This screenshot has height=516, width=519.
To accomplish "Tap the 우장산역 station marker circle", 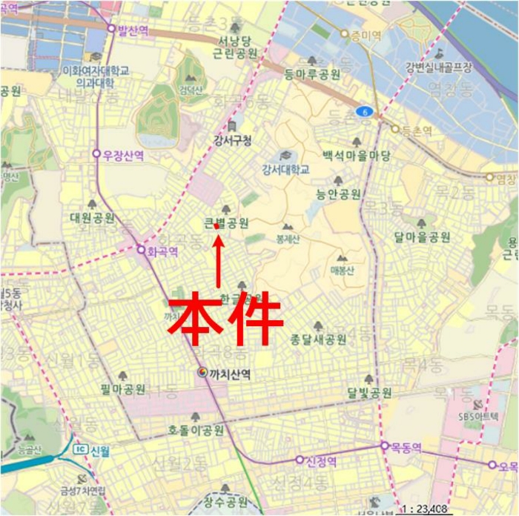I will coord(96,154).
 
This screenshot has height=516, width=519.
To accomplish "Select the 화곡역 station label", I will coord(162,251).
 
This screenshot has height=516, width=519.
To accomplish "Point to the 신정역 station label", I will coord(321,461).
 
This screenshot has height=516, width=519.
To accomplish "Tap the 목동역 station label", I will coord(406,448).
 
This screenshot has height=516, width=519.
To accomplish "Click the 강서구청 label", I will coord(232,140).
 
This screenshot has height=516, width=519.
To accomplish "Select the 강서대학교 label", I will coord(285,169).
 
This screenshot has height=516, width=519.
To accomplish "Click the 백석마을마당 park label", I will coord(356,156).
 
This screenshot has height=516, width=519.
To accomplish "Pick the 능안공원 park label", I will coord(338,194).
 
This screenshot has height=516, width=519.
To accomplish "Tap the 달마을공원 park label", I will coord(423,237).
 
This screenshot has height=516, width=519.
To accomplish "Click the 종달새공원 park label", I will coord(318,340).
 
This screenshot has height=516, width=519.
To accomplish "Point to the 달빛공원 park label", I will coord(369,392).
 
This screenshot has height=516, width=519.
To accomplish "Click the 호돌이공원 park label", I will coord(196,430).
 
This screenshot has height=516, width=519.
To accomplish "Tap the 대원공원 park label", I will coord(92,217).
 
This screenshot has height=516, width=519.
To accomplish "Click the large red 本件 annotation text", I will coord(225,320).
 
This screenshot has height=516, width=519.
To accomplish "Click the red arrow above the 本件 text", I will coord(218,259).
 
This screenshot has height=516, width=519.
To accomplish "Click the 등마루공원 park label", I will coord(311,74).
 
